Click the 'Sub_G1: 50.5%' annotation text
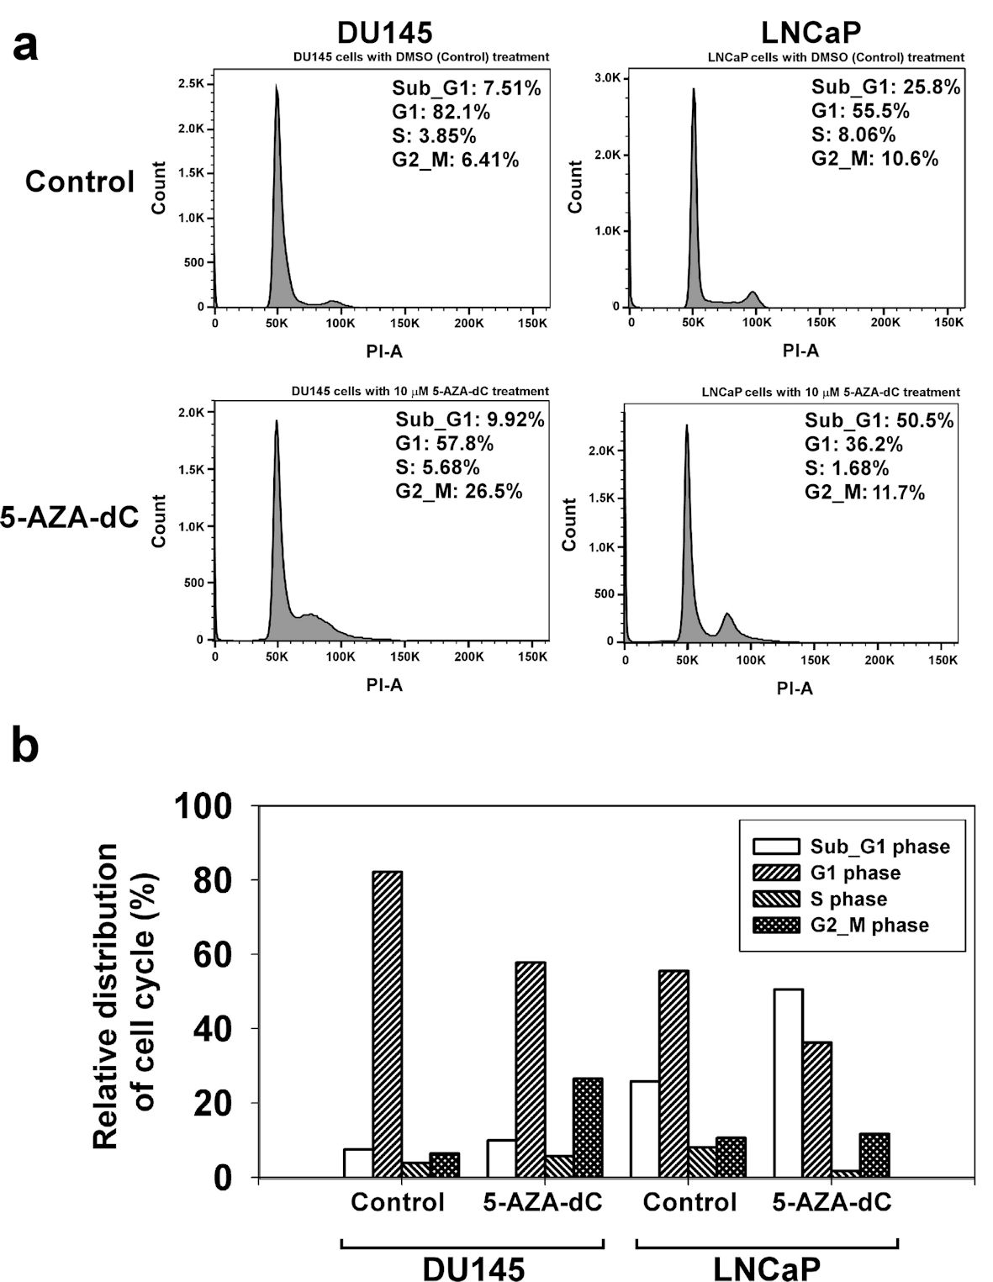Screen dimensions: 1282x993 [879, 420]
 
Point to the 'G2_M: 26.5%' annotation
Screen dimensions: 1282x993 [459, 491]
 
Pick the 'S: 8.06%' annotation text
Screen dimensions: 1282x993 [853, 135]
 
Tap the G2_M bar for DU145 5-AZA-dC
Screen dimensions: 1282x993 [588, 1127]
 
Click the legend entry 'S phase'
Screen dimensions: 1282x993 [848, 900]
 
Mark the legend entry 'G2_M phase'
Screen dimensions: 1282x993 [869, 926]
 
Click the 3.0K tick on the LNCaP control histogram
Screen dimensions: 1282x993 [607, 77]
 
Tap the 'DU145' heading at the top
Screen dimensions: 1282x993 [384, 32]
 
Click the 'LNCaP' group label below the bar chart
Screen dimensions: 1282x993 [767, 1268]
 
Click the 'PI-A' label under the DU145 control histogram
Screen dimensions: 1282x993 [384, 351]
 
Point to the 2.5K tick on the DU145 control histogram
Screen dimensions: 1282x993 [191, 84]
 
